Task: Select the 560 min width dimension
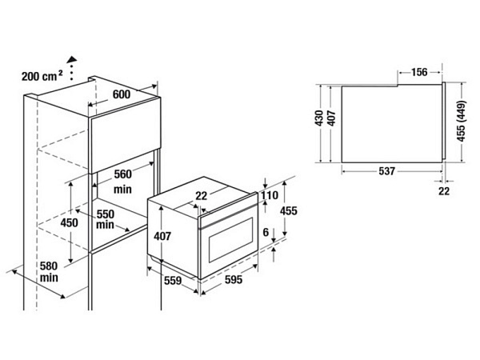(122, 182)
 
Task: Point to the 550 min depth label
(106, 219)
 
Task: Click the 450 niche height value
(70, 223)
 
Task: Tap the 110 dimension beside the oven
(268, 195)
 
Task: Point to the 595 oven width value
(234, 281)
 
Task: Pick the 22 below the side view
(444, 190)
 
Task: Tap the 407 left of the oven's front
(163, 237)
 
